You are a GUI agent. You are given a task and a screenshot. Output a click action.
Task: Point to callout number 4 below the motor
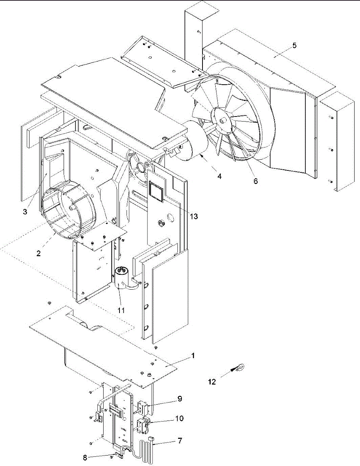point(219,176)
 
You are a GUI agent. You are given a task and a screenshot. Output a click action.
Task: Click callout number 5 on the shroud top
point(294,45)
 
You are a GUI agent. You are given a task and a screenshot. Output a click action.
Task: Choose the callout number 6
point(255,181)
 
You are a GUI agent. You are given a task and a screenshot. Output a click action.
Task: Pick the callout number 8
point(85,457)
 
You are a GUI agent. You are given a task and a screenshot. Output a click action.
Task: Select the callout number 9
point(179,399)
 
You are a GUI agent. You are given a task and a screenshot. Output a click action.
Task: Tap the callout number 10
point(179,419)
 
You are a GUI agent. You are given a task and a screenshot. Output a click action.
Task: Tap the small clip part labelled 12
point(238,367)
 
